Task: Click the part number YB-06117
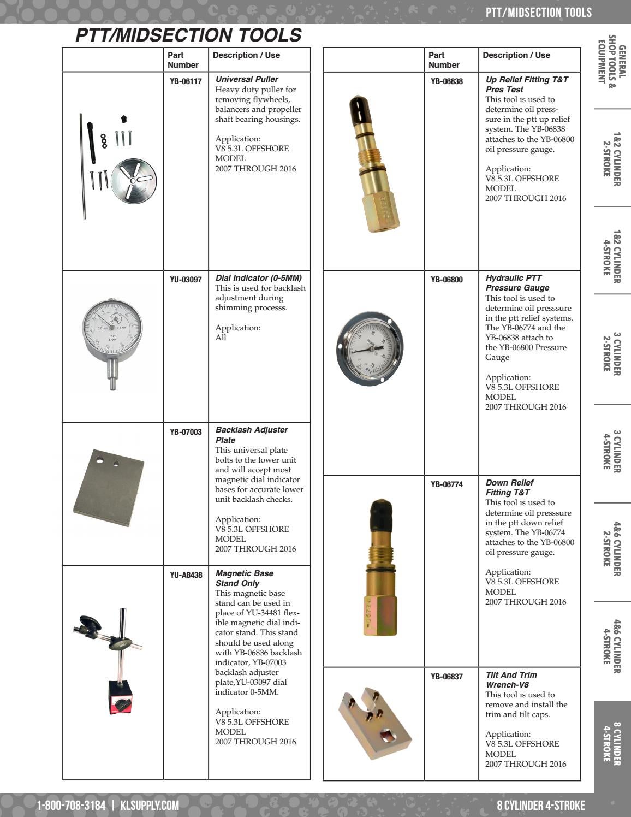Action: pos(186,81)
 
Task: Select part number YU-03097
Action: pos(186,280)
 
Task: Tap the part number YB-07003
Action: pos(186,431)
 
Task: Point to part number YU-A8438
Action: pos(186,575)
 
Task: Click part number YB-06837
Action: pos(447,677)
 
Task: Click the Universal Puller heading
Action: pos(247,79)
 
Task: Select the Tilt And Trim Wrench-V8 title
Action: pos(511,679)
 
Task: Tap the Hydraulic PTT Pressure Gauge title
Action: pos(517,283)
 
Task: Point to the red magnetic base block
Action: pos(121,697)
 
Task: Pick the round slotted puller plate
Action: pos(134,180)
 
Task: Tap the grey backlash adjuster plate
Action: pos(108,488)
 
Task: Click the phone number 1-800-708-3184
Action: pos(71,805)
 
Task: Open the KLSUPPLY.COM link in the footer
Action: pos(150,805)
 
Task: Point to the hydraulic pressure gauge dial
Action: pos(370,348)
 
